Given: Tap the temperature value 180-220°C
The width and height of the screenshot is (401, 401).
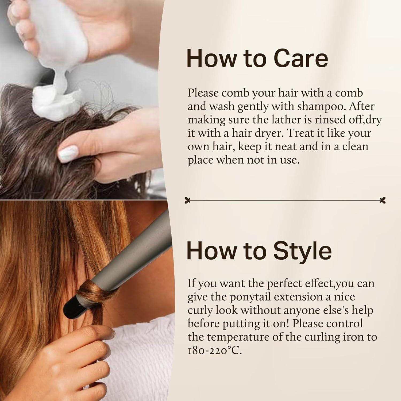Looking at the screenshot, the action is pyautogui.click(x=215, y=350).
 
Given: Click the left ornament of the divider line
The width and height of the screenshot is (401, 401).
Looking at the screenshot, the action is pyautogui.click(x=188, y=200).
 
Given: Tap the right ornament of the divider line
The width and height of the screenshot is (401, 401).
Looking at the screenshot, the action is pyautogui.click(x=383, y=200).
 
